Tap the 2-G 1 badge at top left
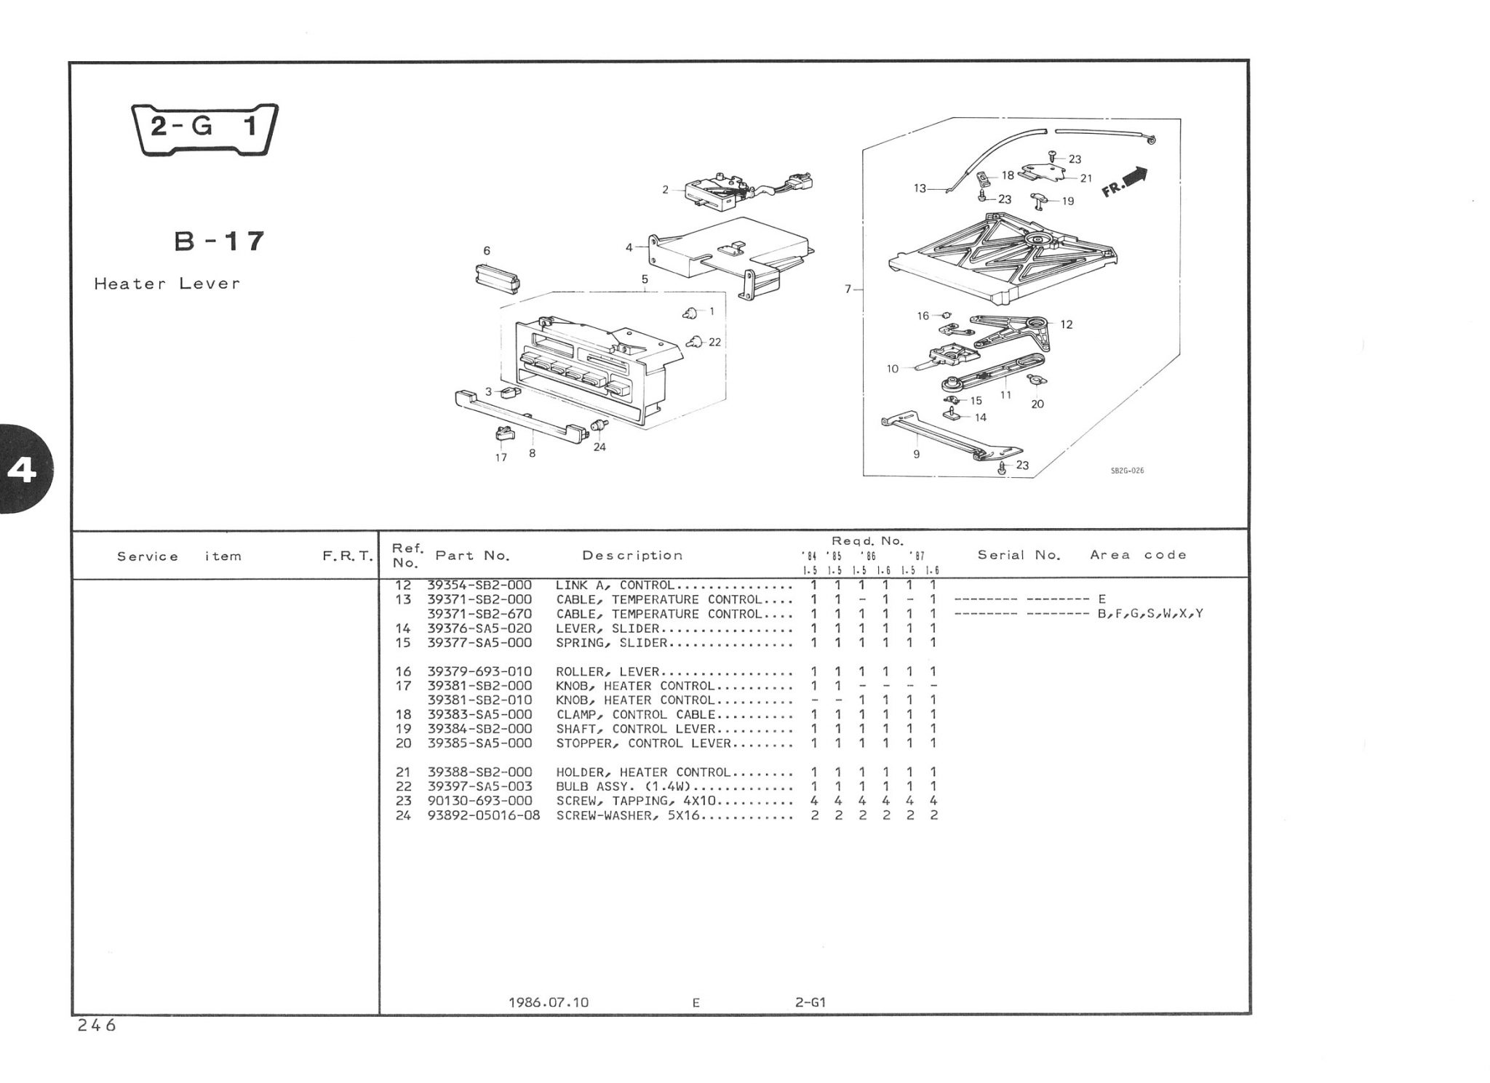click(x=204, y=129)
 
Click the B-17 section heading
click(x=219, y=241)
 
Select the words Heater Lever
click(x=167, y=284)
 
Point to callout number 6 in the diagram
click(x=487, y=251)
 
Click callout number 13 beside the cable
click(x=920, y=188)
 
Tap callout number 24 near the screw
click(x=599, y=447)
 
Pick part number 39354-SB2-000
click(x=479, y=586)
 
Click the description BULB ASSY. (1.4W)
click(x=623, y=786)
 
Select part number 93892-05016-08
click(x=484, y=815)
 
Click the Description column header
click(x=632, y=556)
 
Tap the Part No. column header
click(x=472, y=556)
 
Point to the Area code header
click(x=1138, y=555)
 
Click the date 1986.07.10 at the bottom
click(x=549, y=1002)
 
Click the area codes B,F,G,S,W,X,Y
click(x=1150, y=614)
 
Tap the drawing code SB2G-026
click(x=1127, y=471)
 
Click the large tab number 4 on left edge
click(x=22, y=471)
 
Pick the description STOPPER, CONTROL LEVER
click(x=643, y=743)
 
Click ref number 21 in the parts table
click(x=403, y=772)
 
